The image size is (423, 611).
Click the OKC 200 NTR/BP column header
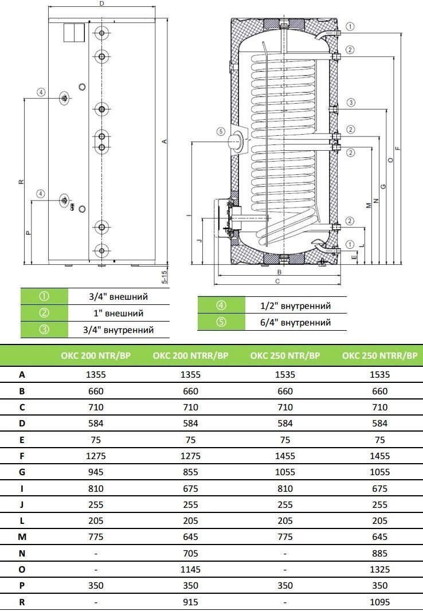(x=96, y=355)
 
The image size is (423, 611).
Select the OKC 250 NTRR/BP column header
(x=379, y=355)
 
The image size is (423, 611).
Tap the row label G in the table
(x=22, y=472)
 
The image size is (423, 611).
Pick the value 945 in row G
(x=96, y=472)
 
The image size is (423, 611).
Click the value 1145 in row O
(x=190, y=570)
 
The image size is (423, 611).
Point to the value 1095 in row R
(x=380, y=602)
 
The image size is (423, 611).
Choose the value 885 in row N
(x=380, y=553)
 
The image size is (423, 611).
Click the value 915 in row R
(x=190, y=602)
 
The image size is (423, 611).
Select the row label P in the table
(x=22, y=586)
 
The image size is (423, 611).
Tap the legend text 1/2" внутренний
(x=296, y=306)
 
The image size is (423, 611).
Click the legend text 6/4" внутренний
(x=296, y=323)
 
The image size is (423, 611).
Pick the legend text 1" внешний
(x=119, y=314)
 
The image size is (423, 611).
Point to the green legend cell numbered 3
(x=44, y=330)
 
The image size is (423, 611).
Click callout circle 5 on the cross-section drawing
(x=221, y=132)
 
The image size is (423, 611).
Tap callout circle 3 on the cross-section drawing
(x=351, y=103)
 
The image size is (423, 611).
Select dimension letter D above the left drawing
(x=101, y=3)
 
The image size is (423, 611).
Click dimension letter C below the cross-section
(x=277, y=281)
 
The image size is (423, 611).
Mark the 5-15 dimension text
(x=164, y=277)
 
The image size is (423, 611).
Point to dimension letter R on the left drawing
(x=21, y=182)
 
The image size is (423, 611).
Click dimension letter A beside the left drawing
(x=164, y=142)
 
